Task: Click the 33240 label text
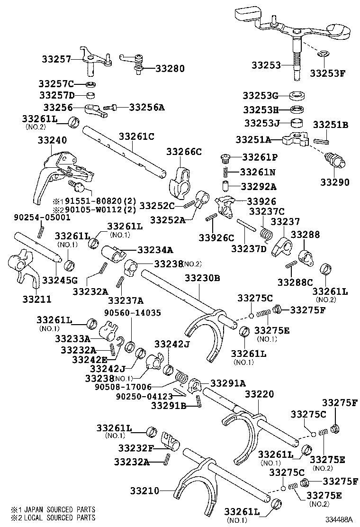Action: [x=52, y=140]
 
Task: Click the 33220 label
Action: [x=260, y=393]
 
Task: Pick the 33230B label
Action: [x=202, y=278]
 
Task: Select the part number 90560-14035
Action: [x=134, y=313]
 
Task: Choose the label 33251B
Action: [x=330, y=125]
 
